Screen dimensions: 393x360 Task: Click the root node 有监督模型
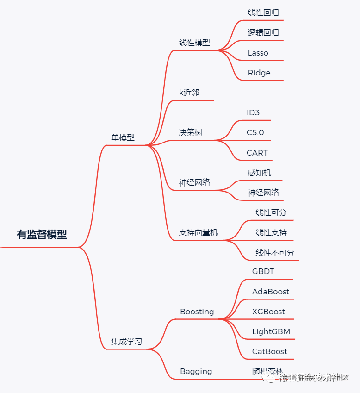(x=42, y=235)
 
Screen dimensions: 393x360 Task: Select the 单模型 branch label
(x=123, y=137)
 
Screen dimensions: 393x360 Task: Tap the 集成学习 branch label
(x=126, y=342)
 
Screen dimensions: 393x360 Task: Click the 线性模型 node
(x=194, y=43)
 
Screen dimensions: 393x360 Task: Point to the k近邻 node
(x=189, y=93)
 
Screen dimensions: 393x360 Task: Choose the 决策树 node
(x=191, y=133)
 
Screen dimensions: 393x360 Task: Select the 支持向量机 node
(x=199, y=232)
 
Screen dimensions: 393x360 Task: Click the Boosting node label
(x=197, y=312)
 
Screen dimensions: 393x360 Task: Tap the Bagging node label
(x=196, y=371)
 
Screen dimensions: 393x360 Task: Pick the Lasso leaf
(x=258, y=53)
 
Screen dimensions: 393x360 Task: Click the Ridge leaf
(x=259, y=73)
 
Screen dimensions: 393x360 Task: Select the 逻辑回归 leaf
(x=263, y=33)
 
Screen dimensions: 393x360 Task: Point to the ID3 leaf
(x=254, y=112)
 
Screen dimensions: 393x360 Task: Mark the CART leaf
(x=257, y=153)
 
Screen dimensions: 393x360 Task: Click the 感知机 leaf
(x=260, y=173)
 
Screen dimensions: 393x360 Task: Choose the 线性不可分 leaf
(x=275, y=253)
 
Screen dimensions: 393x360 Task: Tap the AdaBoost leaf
(x=271, y=292)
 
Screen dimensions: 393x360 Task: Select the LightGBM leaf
(x=271, y=331)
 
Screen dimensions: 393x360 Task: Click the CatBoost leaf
(x=270, y=351)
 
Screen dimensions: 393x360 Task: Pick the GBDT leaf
(x=263, y=271)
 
